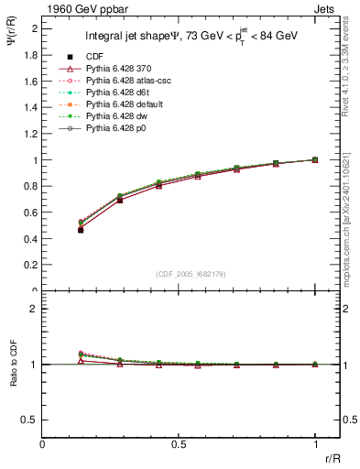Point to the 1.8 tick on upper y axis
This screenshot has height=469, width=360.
tap(31, 54)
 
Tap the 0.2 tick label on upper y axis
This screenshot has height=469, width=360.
tap(31, 265)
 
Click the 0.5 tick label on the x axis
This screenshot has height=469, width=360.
tap(180, 442)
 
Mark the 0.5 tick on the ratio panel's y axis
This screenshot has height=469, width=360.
tap(31, 420)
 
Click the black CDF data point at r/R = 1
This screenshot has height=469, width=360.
tap(315, 159)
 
